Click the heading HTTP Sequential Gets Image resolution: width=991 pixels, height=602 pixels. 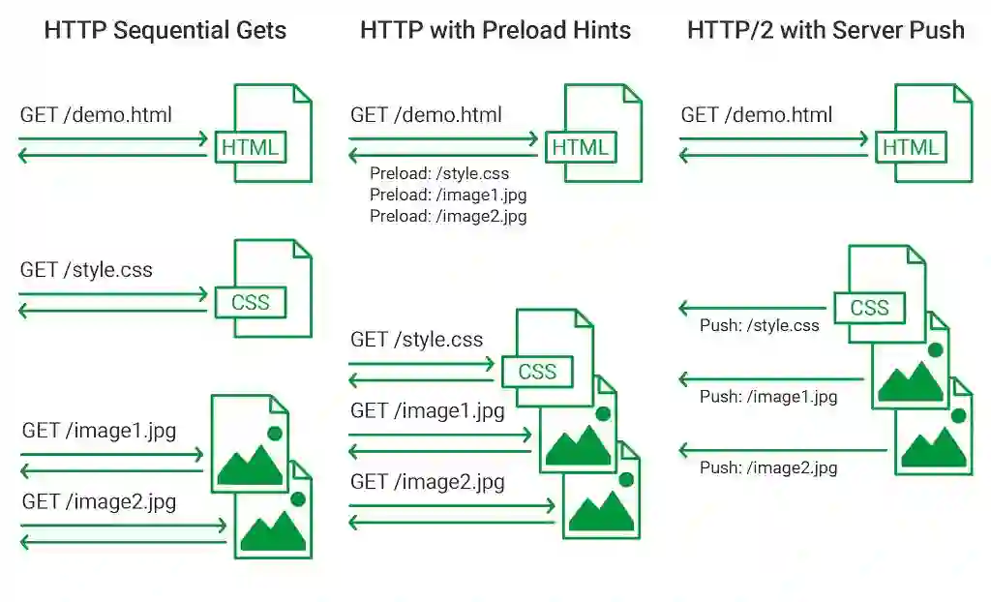point(165,30)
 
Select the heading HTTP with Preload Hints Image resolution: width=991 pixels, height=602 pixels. point(495,30)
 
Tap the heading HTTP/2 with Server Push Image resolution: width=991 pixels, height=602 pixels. point(826,30)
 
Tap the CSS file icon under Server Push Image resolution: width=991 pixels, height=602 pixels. point(883,295)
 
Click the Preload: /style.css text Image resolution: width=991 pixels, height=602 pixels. point(439,174)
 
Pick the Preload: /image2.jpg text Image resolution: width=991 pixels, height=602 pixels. point(448,217)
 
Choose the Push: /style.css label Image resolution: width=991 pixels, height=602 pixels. point(759,326)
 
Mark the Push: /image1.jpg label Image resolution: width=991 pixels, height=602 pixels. point(768,397)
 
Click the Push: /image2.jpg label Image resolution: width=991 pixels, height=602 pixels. point(768,468)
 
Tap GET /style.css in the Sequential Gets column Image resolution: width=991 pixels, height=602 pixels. point(86,270)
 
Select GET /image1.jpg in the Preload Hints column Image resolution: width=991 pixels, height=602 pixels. point(428,411)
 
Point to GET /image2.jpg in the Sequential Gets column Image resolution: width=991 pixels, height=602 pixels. point(99,502)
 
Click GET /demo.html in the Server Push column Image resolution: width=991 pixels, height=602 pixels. point(757,115)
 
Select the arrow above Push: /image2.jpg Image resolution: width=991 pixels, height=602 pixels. point(782,450)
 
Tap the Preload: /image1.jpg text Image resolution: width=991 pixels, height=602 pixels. point(448,196)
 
